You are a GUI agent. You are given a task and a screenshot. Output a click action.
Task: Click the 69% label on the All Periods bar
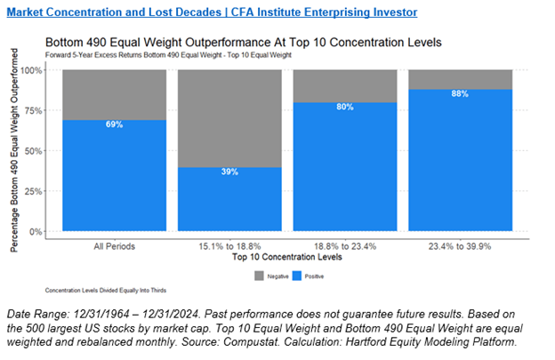[113, 124]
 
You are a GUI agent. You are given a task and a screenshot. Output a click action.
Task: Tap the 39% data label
[229, 172]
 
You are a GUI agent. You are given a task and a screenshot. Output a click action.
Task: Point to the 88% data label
[460, 94]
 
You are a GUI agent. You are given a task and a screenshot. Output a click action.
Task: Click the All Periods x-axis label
[113, 246]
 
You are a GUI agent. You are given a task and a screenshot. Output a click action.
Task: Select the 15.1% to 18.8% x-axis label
[229, 246]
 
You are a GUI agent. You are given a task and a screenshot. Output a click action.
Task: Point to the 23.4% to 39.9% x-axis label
[460, 246]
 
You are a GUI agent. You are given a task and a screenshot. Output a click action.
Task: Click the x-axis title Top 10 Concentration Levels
[286, 257]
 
